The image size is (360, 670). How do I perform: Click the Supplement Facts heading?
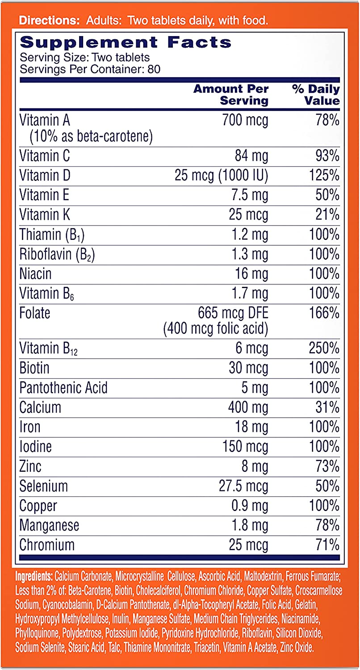point(126,43)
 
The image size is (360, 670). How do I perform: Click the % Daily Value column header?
point(316,95)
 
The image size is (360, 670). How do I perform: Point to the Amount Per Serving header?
point(231,95)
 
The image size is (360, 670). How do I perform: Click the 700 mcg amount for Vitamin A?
point(245,120)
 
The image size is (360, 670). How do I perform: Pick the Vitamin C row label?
point(45,156)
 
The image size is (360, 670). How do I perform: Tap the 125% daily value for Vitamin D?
point(324,176)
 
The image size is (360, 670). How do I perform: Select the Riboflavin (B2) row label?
point(57,254)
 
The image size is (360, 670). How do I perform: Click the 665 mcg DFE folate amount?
point(233,313)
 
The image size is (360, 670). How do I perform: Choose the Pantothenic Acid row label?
point(63,387)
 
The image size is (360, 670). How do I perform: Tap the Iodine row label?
point(36,446)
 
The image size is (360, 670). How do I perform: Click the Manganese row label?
point(49,525)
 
